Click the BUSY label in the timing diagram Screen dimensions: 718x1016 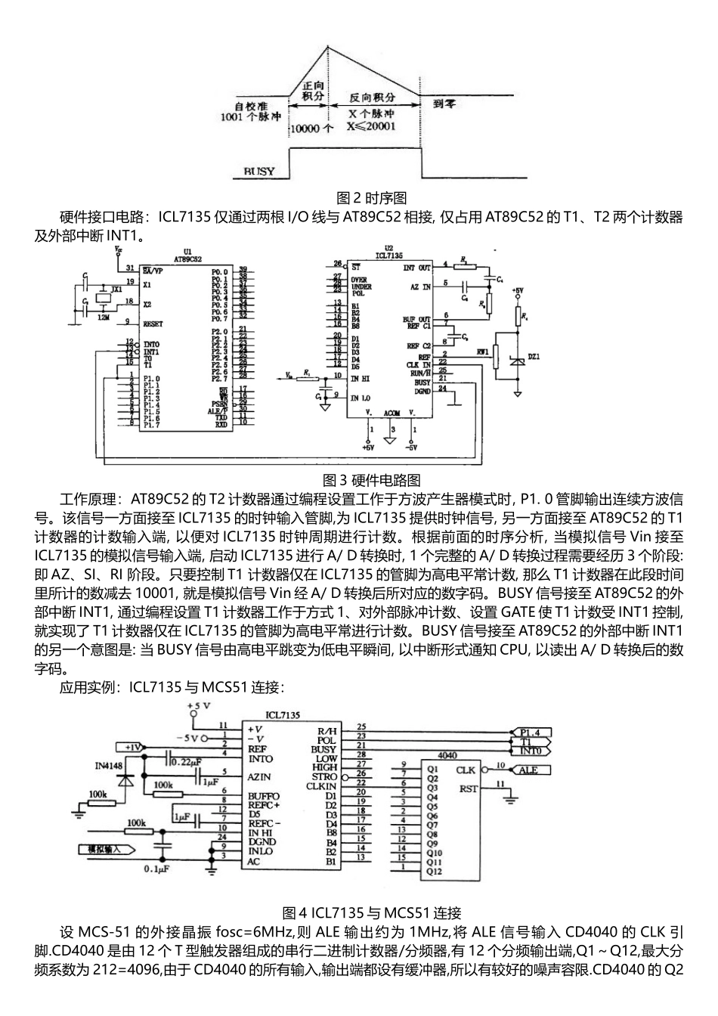tap(259, 172)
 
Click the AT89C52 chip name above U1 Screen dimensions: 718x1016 tap(187, 259)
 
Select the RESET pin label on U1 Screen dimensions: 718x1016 tap(153, 324)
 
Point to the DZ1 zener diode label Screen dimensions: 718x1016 tap(534, 358)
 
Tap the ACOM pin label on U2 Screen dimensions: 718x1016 tap(391, 414)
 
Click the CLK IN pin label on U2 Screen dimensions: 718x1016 tap(418, 364)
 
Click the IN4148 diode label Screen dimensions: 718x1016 tap(110, 765)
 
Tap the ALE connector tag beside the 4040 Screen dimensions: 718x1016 tap(529, 770)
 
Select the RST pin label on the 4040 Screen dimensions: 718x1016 tap(468, 788)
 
